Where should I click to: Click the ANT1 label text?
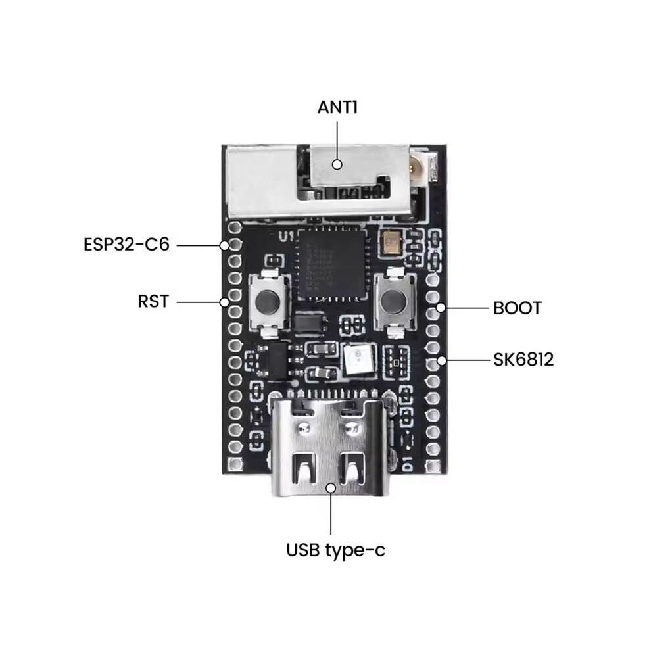[337, 108]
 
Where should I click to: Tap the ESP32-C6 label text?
[127, 245]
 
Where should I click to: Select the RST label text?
[153, 301]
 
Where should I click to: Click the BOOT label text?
[518, 308]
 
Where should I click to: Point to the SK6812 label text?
[523, 360]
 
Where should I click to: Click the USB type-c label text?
[335, 550]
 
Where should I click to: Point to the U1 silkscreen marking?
[286, 237]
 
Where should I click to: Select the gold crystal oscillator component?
[391, 243]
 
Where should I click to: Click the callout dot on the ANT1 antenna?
[337, 164]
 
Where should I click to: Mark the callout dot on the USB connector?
[331, 488]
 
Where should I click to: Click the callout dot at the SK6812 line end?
[442, 360]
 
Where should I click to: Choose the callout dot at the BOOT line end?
[441, 308]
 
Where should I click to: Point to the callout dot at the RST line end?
[224, 302]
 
